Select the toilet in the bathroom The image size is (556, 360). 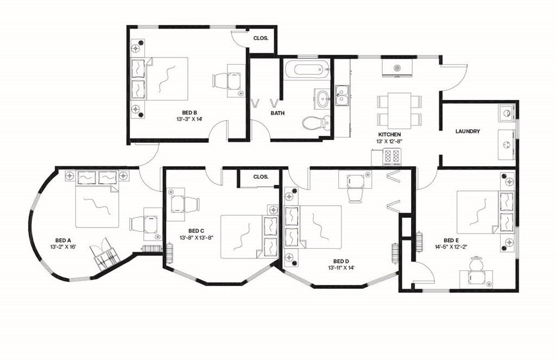pyautogui.click(x=314, y=123)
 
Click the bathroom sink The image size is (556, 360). pyautogui.click(x=324, y=99)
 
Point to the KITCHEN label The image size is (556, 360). pyautogui.click(x=389, y=134)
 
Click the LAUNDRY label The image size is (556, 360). pyautogui.click(x=467, y=131)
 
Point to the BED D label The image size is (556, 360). pyautogui.click(x=340, y=261)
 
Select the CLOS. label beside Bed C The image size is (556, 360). pyautogui.click(x=261, y=177)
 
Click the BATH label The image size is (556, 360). pyautogui.click(x=278, y=113)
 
